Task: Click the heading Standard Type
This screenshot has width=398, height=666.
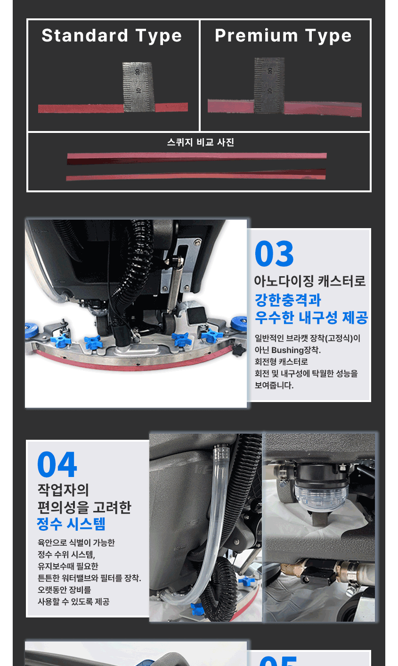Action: [112, 36]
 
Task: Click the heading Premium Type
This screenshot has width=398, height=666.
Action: [283, 36]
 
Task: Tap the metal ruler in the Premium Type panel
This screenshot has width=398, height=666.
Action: [269, 85]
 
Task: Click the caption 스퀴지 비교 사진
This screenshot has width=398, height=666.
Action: [200, 142]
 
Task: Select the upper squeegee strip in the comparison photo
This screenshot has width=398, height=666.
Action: [196, 157]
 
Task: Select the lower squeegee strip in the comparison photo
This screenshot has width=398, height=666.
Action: [195, 175]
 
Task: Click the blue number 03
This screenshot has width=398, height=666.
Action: [274, 254]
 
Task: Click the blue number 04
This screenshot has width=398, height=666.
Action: [57, 465]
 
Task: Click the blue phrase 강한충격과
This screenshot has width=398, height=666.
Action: [288, 300]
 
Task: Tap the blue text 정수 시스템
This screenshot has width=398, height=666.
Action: [71, 524]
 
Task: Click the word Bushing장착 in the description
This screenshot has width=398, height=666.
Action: [295, 350]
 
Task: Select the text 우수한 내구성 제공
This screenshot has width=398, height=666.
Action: [311, 317]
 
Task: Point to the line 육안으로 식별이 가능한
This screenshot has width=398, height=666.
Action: [76, 543]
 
